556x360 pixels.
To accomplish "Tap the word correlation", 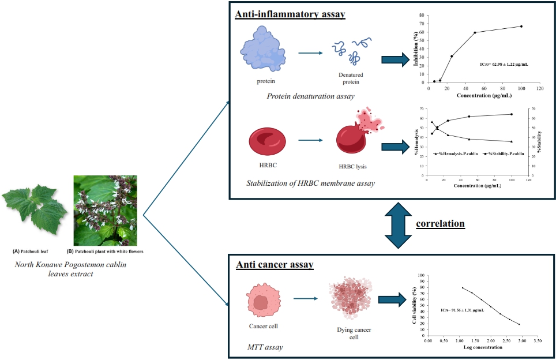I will (441, 223).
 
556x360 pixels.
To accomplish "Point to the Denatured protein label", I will (351, 78).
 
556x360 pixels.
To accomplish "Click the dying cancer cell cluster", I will (349, 300).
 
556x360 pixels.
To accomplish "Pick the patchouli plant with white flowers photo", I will (105, 211).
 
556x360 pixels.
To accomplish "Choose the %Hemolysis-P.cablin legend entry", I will (454, 153).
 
